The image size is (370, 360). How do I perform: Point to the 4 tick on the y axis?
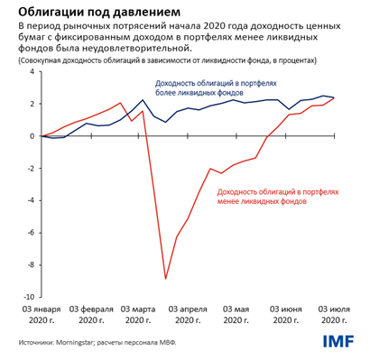(x=33, y=71)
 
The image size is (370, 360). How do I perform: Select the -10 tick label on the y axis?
(x=29, y=297)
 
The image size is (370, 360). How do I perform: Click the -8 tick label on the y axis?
(x=32, y=264)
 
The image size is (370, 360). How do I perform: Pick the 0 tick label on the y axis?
(x=33, y=136)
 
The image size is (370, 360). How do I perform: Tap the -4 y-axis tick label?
(x=32, y=200)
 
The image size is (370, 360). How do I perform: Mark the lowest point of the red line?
(x=165, y=278)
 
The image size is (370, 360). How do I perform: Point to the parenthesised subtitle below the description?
(x=166, y=60)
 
